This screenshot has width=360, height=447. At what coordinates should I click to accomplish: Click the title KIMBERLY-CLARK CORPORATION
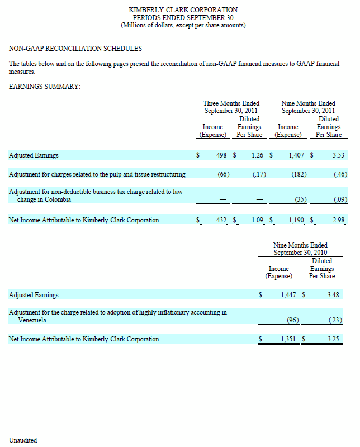183,10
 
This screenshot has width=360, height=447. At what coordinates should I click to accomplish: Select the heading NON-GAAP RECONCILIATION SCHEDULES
75,49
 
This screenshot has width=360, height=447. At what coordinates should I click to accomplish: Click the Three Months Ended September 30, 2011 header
231,107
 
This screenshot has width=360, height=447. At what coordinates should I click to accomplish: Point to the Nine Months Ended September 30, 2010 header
300,249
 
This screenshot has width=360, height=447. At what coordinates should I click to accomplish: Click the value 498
220,155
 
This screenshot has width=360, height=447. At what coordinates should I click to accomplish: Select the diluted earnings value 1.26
257,155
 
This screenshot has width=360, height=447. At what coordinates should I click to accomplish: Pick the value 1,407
296,155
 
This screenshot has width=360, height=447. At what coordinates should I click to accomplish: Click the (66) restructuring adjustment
224,174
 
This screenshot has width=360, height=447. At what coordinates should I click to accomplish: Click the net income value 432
221,220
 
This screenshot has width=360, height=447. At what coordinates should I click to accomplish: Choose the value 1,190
296,220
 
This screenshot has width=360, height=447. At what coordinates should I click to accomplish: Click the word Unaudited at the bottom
23,440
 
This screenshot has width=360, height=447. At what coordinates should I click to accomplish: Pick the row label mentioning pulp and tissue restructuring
97,174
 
